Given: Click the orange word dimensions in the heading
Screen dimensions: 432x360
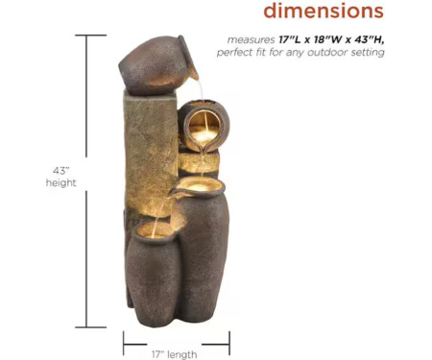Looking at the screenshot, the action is pyautogui.click(x=324, y=11).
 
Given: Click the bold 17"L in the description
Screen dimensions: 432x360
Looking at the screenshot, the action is pyautogui.click(x=290, y=39).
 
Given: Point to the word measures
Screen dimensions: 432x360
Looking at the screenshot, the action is pyautogui.click(x=252, y=40).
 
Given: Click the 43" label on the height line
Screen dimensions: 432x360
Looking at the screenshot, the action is pyautogui.click(x=61, y=171).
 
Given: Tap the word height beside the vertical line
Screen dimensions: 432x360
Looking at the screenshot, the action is pyautogui.click(x=61, y=182).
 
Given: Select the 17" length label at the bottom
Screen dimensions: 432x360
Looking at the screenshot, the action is pyautogui.click(x=175, y=354).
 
